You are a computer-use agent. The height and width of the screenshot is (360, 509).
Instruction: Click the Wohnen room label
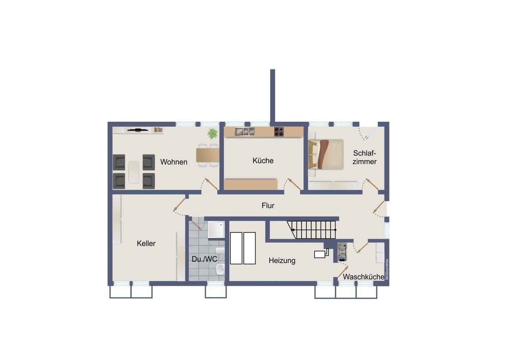click(x=174, y=162)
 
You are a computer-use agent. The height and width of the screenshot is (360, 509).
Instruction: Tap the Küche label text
click(x=263, y=161)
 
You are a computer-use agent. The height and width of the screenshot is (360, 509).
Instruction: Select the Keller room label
click(x=146, y=243)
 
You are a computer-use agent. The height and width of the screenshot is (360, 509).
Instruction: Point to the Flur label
click(x=268, y=205)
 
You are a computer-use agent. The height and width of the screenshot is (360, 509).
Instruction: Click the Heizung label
click(x=282, y=261)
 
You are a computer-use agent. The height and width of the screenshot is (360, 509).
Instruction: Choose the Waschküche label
click(x=364, y=277)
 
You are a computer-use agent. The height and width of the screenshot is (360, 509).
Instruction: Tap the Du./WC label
click(x=204, y=259)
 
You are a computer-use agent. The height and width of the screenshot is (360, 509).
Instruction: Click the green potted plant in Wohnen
click(x=212, y=133)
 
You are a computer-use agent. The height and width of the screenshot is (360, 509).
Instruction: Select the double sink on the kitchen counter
click(x=245, y=131)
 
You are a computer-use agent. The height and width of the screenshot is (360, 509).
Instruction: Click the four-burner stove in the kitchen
click(x=279, y=132)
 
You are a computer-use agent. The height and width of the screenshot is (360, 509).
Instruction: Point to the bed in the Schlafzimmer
click(x=326, y=154)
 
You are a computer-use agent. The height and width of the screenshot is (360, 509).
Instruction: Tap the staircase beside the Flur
click(x=312, y=230)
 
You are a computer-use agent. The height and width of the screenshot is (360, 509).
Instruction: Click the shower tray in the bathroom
click(x=216, y=230)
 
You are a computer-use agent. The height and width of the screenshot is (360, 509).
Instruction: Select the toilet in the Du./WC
click(x=220, y=251)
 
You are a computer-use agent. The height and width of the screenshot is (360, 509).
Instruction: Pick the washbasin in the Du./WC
click(x=221, y=269)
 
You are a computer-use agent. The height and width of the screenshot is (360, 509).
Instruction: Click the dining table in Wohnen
click(x=207, y=155)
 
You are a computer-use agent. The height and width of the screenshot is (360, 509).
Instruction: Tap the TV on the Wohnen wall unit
click(x=138, y=130)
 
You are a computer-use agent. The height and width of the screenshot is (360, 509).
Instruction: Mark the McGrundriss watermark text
click(x=387, y=269)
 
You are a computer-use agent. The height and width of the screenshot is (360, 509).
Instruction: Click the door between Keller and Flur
click(x=180, y=204)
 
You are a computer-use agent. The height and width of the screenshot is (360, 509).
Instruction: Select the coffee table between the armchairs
click(x=134, y=172)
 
